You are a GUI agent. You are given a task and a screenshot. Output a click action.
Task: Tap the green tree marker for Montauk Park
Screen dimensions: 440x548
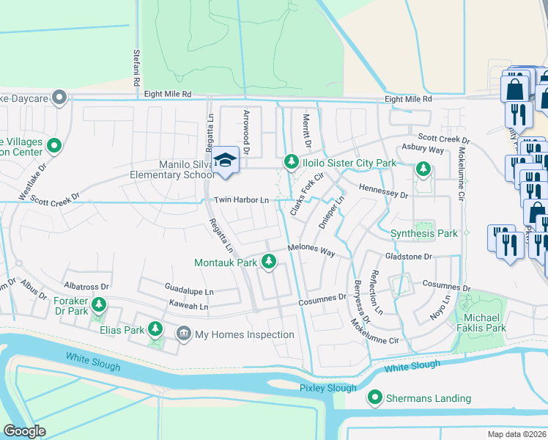tap(269, 262)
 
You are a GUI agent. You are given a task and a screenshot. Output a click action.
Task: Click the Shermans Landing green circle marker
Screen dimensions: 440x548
tap(375, 398)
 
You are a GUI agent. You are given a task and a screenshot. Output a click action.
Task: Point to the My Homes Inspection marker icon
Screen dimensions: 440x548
tap(182, 335)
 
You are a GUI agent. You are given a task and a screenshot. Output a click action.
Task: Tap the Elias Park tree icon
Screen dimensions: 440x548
tap(155, 329)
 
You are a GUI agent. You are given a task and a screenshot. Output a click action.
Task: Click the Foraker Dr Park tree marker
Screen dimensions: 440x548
tap(97, 304)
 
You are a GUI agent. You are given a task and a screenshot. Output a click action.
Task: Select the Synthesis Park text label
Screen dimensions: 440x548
tap(423, 233)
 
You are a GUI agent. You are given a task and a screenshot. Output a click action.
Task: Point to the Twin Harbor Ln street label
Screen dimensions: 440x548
tap(241, 200)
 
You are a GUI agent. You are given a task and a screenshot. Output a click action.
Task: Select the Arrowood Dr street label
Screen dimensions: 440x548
tap(247, 132)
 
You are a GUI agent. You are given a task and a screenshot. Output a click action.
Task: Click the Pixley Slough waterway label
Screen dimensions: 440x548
tap(328, 388)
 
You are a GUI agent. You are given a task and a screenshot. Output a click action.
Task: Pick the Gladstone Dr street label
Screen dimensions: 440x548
tap(409, 257)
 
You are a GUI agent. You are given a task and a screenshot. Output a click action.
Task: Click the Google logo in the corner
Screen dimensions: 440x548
tap(25, 431)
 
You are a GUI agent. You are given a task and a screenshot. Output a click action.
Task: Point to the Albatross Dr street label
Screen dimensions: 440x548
tap(86, 286)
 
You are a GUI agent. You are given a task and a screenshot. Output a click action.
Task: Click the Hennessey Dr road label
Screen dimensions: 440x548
tap(382, 191)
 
